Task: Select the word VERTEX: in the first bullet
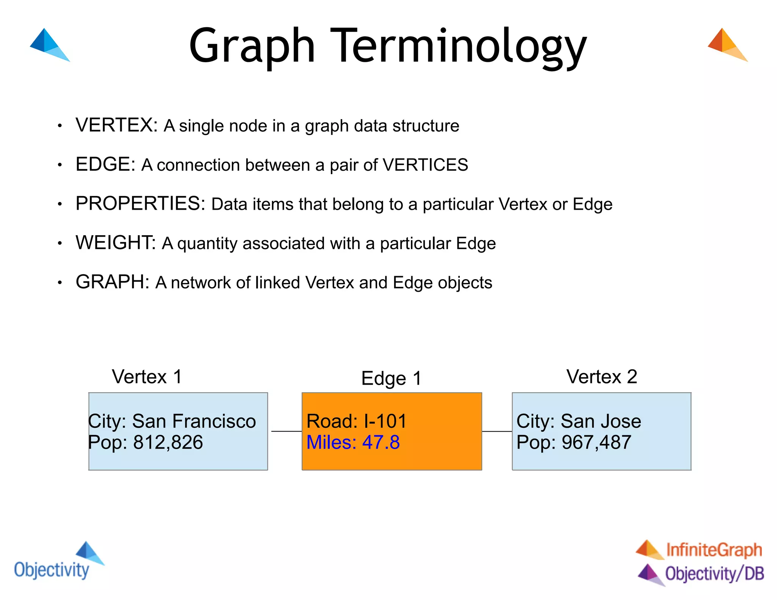[116, 125]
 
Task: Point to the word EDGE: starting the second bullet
[105, 164]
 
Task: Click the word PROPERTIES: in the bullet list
[140, 203]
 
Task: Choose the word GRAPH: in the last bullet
[113, 282]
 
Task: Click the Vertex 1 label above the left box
[147, 377]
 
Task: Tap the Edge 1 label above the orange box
[391, 378]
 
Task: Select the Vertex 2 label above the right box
[601, 377]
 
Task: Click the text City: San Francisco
[172, 421]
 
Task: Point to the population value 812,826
[168, 442]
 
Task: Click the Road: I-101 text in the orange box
[356, 421]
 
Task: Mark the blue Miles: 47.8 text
[353, 442]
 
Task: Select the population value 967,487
[596, 442]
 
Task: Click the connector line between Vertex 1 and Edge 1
[286, 431]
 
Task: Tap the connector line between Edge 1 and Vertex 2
[497, 431]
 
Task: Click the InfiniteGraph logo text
[714, 550]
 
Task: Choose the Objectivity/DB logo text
[714, 573]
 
